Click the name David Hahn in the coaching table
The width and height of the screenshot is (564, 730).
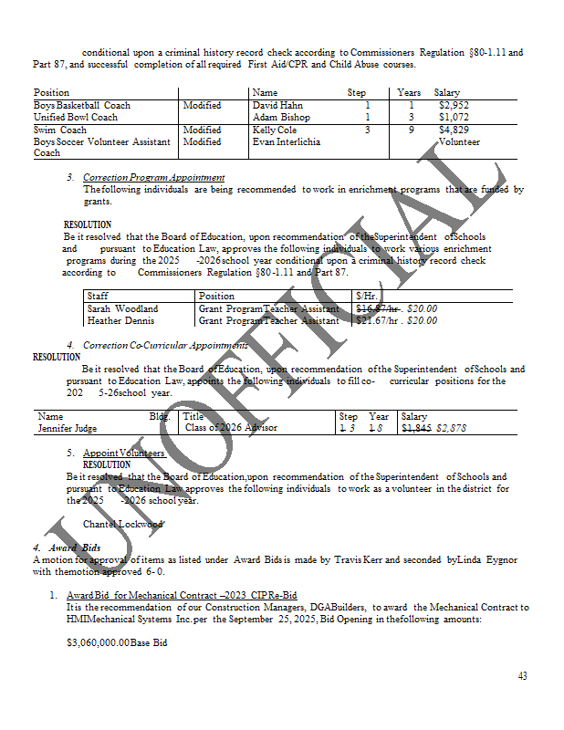(277, 106)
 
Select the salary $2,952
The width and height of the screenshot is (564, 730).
(454, 106)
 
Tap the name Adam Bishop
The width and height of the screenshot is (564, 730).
(281, 118)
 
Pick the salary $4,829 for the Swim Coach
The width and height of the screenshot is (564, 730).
(454, 130)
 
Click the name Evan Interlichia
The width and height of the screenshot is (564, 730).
(286, 142)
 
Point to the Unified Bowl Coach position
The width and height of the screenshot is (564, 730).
(76, 118)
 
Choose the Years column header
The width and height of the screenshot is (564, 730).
(409, 93)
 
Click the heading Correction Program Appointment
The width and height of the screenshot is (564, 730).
(153, 177)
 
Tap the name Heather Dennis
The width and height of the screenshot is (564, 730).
(117, 320)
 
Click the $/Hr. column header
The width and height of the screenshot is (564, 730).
(367, 296)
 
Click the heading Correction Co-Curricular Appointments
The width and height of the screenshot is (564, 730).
(165, 345)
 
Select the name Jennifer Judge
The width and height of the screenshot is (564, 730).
(68, 428)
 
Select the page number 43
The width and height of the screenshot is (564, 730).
(522, 676)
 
